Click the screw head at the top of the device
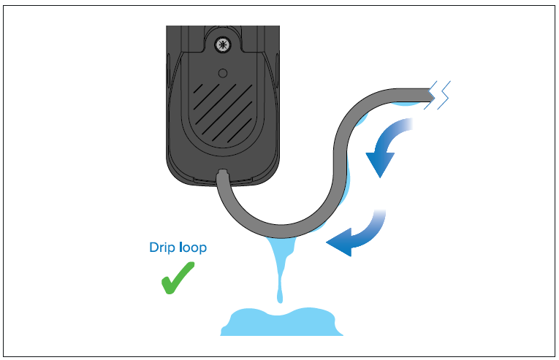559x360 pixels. pos(223,45)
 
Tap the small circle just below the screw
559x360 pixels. pos(223,74)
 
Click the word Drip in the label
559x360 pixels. pos(162,248)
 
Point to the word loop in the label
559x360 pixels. pos(193,247)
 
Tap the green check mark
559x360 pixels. pos(178,278)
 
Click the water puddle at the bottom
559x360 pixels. pos(281,321)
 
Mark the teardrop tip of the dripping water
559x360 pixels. pos(280,299)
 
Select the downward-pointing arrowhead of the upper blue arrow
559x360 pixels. pos(380,164)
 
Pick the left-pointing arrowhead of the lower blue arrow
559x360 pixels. pos(339,242)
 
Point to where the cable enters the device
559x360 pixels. pos(222,174)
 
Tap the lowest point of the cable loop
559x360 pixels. pos(281,231)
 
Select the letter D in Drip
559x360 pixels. pos(153,247)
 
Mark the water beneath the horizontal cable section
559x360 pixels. pos(406,104)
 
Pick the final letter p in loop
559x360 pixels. pos(203,249)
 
